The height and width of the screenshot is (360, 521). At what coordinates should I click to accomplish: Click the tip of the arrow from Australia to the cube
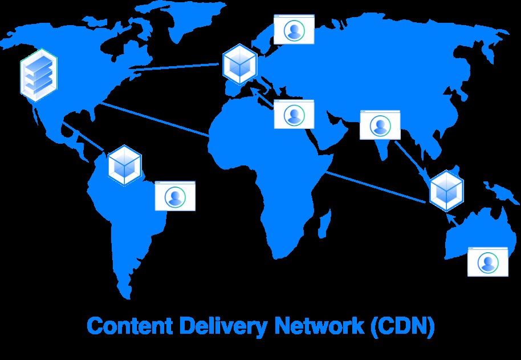point(447,214)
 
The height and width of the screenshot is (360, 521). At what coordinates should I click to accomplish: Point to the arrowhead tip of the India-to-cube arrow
point(432,181)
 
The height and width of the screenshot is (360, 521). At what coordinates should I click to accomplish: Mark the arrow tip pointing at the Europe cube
point(251,88)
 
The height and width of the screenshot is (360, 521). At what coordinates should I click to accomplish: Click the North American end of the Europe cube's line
point(129,69)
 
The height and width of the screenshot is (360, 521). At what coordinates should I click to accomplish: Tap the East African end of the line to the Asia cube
point(325,172)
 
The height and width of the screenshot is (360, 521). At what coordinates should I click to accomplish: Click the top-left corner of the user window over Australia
point(468,247)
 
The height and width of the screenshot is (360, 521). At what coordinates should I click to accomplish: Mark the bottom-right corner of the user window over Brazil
point(195,211)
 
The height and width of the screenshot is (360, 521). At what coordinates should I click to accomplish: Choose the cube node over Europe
point(239,64)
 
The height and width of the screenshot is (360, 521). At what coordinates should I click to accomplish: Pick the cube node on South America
point(125,165)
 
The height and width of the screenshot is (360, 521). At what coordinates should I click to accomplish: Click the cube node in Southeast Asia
point(446,191)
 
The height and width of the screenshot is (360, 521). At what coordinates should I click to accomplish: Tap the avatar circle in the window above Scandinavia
point(294,31)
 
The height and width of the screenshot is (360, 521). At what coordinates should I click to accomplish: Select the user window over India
point(380,126)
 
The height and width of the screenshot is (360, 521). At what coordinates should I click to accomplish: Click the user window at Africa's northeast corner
point(294,114)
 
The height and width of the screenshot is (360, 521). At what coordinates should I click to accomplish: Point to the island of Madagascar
point(324,223)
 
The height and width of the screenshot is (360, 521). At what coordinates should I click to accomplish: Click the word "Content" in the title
point(129,326)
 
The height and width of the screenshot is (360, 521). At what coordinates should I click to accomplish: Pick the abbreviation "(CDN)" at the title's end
point(402,326)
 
